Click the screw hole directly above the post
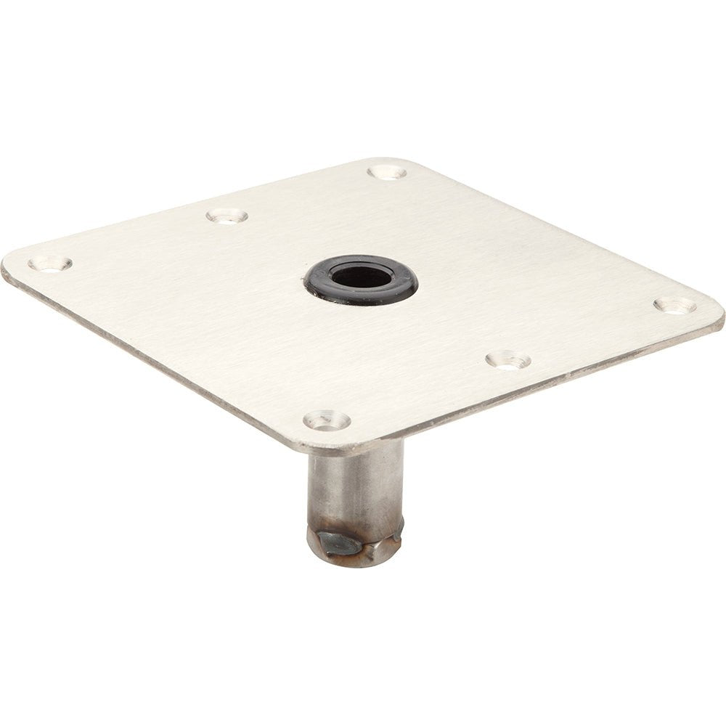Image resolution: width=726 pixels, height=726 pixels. (x=326, y=420)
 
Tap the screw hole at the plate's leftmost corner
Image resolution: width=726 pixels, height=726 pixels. (x=49, y=264)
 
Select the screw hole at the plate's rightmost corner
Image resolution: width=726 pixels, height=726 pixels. (x=674, y=305)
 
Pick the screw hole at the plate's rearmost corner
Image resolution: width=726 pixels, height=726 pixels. (x=386, y=172)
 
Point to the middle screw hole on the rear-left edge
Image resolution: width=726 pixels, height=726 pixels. (x=227, y=216)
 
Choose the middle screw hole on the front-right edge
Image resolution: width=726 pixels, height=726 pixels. (x=507, y=359)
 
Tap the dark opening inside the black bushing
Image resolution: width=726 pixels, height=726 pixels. (x=361, y=277)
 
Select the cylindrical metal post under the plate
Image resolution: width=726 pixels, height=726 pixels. (x=355, y=486)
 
